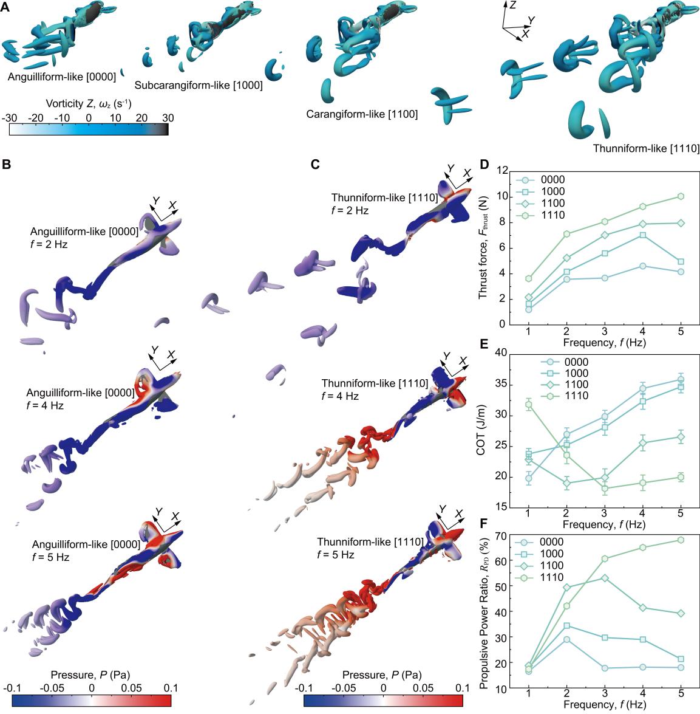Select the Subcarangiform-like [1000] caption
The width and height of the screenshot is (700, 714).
(199, 86)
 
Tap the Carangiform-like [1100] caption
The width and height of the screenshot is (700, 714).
(362, 114)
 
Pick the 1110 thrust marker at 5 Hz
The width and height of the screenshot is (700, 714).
(681, 196)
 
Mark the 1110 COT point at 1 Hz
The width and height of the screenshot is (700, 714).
(528, 405)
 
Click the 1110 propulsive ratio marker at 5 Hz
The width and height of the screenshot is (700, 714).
(681, 540)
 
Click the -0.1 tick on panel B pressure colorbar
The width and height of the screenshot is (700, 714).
(12, 687)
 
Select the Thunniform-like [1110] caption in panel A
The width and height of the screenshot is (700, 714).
(646, 148)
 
